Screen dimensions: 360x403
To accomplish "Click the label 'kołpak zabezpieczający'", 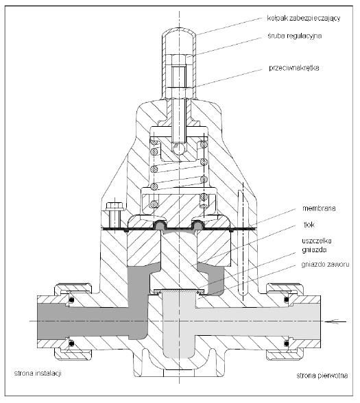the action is pyautogui.click(x=304, y=19).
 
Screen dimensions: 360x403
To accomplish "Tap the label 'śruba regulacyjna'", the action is pyautogui.click(x=295, y=36).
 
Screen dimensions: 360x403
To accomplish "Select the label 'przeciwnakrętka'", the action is pyautogui.click(x=294, y=68).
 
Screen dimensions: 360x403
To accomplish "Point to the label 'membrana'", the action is pyautogui.click(x=319, y=208).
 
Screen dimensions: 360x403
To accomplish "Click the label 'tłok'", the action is pyautogui.click(x=309, y=225).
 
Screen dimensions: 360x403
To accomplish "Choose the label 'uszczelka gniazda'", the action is pyautogui.click(x=317, y=245).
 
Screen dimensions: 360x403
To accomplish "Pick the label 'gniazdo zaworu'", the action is pyautogui.click(x=325, y=265).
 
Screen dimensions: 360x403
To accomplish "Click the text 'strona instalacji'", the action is pyautogui.click(x=38, y=373).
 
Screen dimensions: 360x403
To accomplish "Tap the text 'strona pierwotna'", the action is pyautogui.click(x=322, y=376).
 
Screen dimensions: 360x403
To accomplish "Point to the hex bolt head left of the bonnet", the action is pyautogui.click(x=114, y=206).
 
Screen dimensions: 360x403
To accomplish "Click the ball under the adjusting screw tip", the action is pyautogui.click(x=178, y=149).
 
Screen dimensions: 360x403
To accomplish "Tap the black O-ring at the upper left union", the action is pyautogui.click(x=72, y=300).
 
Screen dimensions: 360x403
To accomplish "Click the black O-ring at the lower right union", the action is pyautogui.click(x=287, y=343).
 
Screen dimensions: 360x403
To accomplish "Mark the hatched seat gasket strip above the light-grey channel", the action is pyautogui.click(x=179, y=291).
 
